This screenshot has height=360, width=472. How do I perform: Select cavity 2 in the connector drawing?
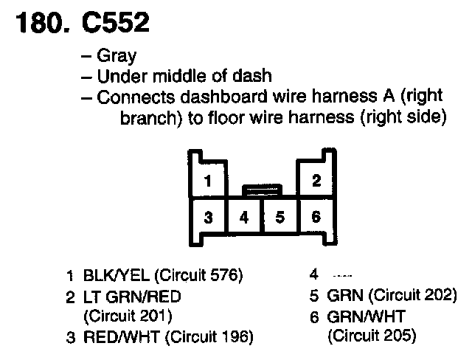(316, 181)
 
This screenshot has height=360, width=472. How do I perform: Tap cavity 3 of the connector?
(209, 218)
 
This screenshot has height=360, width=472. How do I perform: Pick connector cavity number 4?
(245, 218)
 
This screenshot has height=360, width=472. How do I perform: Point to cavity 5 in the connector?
(280, 218)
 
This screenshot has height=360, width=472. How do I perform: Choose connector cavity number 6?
(316, 218)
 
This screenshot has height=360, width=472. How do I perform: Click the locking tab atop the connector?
(263, 190)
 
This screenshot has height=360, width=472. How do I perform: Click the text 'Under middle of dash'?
(184, 77)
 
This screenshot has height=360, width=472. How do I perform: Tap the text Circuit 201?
(128, 317)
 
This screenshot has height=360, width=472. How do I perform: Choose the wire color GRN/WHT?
(364, 317)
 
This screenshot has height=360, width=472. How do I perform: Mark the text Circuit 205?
(372, 337)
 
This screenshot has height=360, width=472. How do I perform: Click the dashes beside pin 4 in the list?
(334, 276)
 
